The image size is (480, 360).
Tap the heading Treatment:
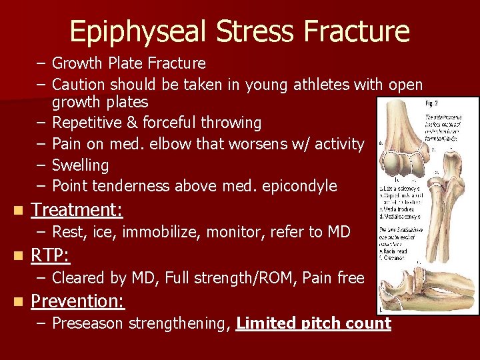[x=77, y=210]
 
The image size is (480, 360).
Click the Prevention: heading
[x=78, y=301]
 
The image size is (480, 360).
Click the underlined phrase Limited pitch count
[x=313, y=323]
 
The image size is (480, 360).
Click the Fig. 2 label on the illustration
[x=433, y=104]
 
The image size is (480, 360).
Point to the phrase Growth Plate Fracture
[x=129, y=63]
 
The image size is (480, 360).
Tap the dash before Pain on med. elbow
[x=42, y=143]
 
